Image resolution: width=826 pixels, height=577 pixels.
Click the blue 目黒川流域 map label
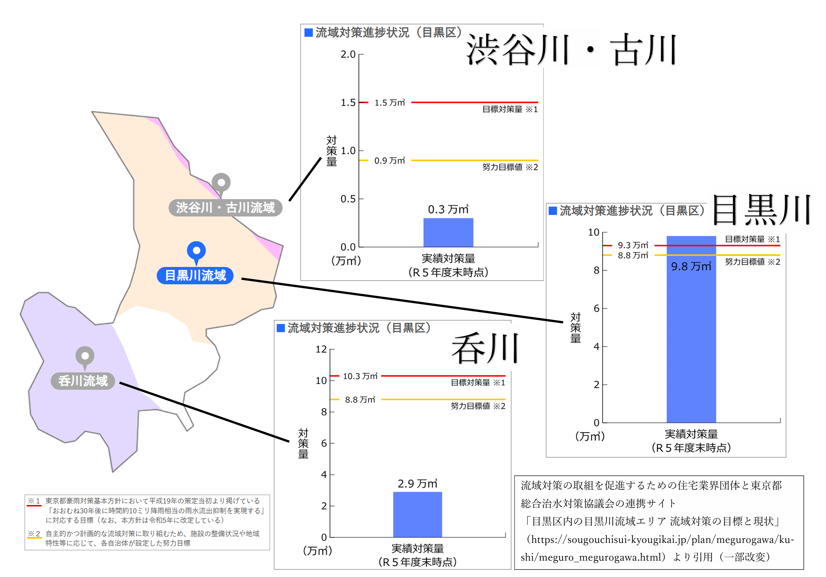[195, 276]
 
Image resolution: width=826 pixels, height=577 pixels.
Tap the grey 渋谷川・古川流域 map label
[225, 207]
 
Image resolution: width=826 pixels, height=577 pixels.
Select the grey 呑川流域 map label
[83, 380]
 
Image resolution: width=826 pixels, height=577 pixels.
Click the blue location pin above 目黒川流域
[196, 251]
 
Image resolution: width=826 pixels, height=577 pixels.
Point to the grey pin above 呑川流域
[85, 356]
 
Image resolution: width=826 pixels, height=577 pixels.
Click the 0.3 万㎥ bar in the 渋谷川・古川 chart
[448, 232]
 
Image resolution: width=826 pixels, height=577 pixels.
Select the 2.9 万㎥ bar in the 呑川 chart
[417, 514]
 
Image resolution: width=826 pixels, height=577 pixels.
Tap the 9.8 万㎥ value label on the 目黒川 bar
[691, 266]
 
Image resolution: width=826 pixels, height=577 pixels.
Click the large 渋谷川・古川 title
[571, 49]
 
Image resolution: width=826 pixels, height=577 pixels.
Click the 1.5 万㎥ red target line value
[390, 103]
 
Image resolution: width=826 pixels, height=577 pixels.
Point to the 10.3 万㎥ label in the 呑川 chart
[360, 376]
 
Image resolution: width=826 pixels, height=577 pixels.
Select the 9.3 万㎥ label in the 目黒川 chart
[633, 245]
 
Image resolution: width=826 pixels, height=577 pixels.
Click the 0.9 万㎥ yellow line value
[390, 161]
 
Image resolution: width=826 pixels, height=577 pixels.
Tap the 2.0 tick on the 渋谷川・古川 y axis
[348, 54]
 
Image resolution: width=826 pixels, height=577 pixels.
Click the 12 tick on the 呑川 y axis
[321, 349]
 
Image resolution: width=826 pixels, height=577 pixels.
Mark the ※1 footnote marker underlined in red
[34, 501]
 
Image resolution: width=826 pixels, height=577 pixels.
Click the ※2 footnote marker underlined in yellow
[34, 533]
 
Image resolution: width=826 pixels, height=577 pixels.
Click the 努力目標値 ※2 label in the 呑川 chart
[478, 406]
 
